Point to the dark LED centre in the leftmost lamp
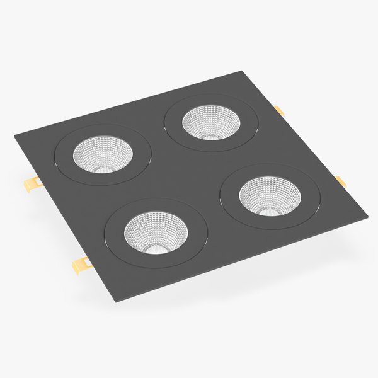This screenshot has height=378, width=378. [x=102, y=169]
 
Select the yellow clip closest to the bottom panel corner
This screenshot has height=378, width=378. [x=83, y=265]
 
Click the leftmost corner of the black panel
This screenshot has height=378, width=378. [x=14, y=135]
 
